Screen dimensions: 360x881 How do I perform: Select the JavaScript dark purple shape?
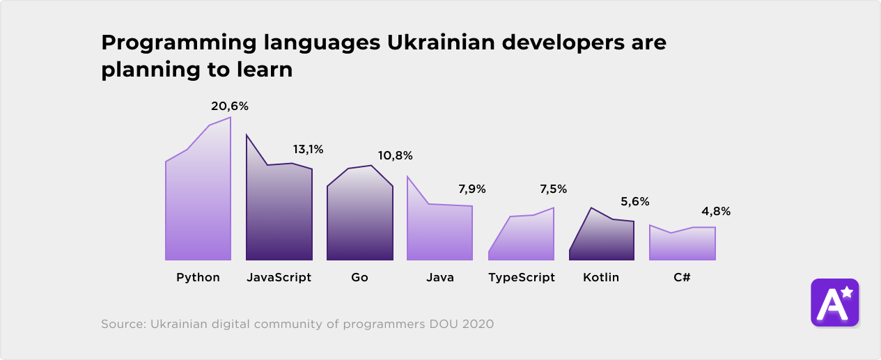(279, 212)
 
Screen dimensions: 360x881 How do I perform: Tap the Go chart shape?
(360, 216)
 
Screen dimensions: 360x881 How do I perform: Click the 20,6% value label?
(230, 107)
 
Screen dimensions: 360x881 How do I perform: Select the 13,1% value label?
(308, 149)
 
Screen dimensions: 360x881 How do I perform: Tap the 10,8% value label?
(396, 155)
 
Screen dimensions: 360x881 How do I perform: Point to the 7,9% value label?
(471, 189)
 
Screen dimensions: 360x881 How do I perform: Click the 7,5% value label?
(553, 189)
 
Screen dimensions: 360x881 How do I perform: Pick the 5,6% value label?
(634, 202)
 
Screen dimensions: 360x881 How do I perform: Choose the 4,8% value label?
(716, 212)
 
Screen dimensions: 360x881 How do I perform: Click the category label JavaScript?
(279, 277)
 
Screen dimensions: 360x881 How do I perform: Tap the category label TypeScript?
(522, 277)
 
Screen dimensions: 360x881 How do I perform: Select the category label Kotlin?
(601, 277)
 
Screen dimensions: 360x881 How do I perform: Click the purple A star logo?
(834, 303)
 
